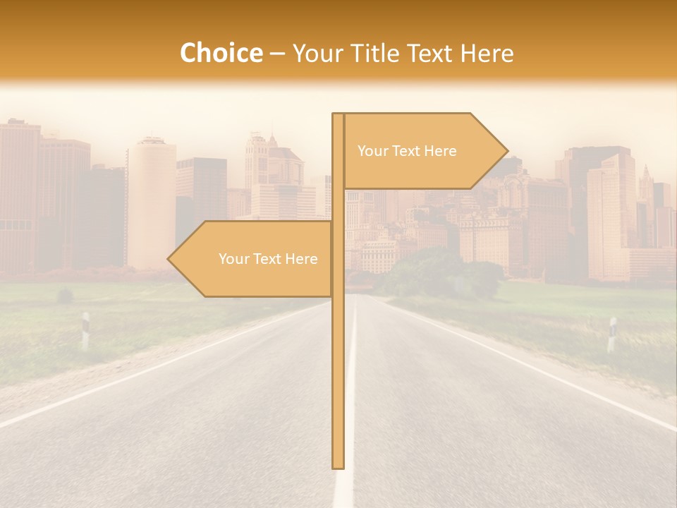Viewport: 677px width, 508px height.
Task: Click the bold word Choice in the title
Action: click(221, 54)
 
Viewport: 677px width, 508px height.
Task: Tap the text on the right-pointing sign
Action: click(407, 151)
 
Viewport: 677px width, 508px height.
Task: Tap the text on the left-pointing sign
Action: click(268, 259)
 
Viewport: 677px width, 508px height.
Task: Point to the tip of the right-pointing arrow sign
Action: click(506, 150)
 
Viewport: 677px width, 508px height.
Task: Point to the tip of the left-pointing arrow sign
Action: click(169, 259)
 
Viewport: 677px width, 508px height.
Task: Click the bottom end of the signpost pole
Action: click(338, 466)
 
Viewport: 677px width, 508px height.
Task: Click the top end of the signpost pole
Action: click(338, 115)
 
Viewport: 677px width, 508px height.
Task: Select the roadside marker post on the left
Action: click(85, 330)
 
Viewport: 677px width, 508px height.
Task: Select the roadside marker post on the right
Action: click(611, 334)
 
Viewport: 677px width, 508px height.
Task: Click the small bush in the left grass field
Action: click(65, 296)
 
